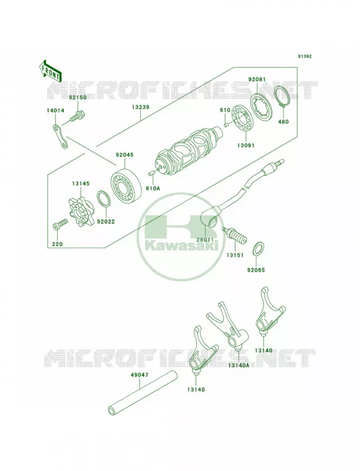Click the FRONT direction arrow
50,70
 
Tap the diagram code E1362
305,56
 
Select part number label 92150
78,98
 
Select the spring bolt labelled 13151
235,235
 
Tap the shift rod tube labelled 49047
142,393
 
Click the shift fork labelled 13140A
229,326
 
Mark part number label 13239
140,107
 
